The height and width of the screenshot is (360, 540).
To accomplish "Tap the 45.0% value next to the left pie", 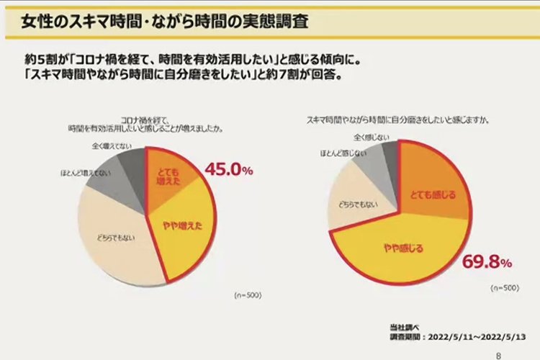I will tap(229, 170).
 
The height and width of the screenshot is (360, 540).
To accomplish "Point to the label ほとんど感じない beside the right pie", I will tap(338, 153).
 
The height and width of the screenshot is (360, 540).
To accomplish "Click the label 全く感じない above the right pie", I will tap(371, 137).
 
